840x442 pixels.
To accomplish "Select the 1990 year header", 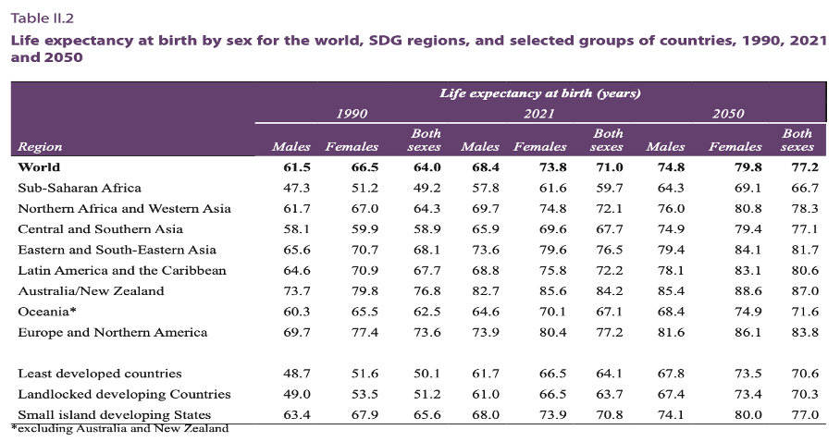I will click(x=352, y=114).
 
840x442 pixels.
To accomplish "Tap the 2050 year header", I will click(x=729, y=114).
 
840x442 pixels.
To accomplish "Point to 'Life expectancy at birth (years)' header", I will click(x=540, y=93).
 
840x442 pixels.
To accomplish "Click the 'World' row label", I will click(x=39, y=167).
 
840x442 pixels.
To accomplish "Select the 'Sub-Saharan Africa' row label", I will click(x=80, y=188).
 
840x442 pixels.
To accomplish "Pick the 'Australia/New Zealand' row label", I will click(x=91, y=290).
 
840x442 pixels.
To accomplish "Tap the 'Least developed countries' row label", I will click(x=100, y=374).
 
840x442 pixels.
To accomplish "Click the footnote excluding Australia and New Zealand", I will click(x=119, y=428).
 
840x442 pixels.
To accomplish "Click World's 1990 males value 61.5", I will click(x=296, y=167).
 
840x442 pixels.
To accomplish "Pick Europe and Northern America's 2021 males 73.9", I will click(x=481, y=332).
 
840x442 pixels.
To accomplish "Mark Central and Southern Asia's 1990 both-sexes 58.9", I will click(x=426, y=229).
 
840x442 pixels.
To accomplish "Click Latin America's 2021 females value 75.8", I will click(x=552, y=270).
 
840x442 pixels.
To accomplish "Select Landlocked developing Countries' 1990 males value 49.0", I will click(x=296, y=394).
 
